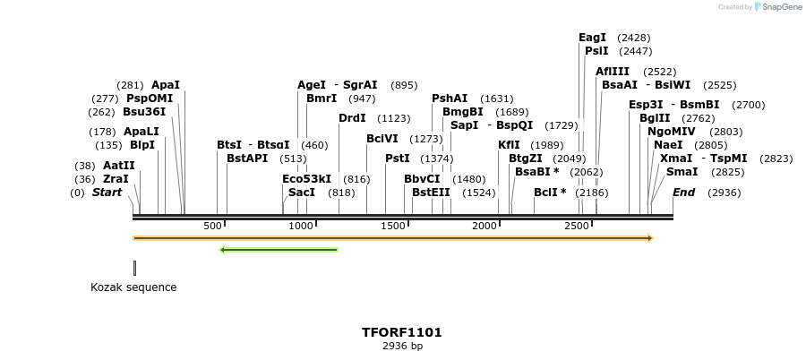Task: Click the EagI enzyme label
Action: pyautogui.click(x=592, y=38)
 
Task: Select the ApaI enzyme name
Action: pyautogui.click(x=166, y=85)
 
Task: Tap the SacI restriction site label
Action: pyautogui.click(x=301, y=193)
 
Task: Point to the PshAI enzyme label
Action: pyautogui.click(x=450, y=99)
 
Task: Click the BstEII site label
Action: pyautogui.click(x=431, y=193)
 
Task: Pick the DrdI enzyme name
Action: pyautogui.click(x=352, y=118)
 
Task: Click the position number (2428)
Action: pyautogui.click(x=634, y=38)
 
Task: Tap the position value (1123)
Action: pyautogui.click(x=393, y=118)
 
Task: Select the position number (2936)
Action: pyautogui.click(x=724, y=193)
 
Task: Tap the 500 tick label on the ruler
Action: pyautogui.click(x=212, y=227)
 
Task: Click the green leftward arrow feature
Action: pyautogui.click(x=279, y=249)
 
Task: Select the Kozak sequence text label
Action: pyautogui.click(x=133, y=287)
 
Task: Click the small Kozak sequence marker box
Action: pyautogui.click(x=134, y=268)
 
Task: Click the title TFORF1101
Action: pyautogui.click(x=402, y=332)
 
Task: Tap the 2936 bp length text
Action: pyautogui.click(x=402, y=346)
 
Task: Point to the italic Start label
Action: pyautogui.click(x=107, y=193)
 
